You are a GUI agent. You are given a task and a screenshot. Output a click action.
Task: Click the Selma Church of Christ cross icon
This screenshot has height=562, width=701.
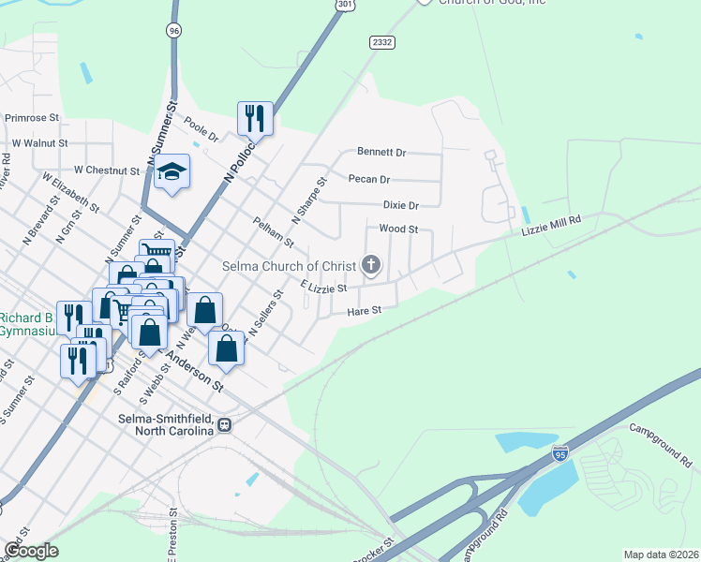point(371,266)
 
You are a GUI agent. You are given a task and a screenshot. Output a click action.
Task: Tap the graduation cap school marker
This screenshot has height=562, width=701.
point(172,171)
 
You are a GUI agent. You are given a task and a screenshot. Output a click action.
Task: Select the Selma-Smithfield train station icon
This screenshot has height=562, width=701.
point(225,423)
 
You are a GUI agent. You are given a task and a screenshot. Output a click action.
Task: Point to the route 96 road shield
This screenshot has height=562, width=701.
point(173,31)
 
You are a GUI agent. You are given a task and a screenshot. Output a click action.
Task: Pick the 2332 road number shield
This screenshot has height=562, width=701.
point(381,42)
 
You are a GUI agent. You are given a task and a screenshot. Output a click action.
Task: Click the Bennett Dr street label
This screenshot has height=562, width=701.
point(381,152)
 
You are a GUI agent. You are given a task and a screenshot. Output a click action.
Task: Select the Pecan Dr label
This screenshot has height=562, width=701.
point(368,179)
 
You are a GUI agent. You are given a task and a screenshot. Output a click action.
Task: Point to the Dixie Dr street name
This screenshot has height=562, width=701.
point(400,205)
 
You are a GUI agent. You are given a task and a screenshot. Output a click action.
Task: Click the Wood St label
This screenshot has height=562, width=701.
point(397,229)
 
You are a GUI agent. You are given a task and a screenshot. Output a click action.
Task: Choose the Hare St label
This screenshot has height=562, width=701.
point(365,311)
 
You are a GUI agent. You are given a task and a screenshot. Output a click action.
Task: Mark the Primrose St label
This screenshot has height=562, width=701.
point(32,118)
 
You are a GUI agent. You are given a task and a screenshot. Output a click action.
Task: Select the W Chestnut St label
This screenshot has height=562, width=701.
point(107,170)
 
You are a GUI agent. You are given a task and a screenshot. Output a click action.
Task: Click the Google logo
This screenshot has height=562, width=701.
point(31,551)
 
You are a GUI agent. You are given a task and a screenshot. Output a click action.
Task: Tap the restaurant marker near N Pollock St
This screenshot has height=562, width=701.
point(255,118)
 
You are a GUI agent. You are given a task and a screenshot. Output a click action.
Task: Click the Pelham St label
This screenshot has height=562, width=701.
point(274,232)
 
